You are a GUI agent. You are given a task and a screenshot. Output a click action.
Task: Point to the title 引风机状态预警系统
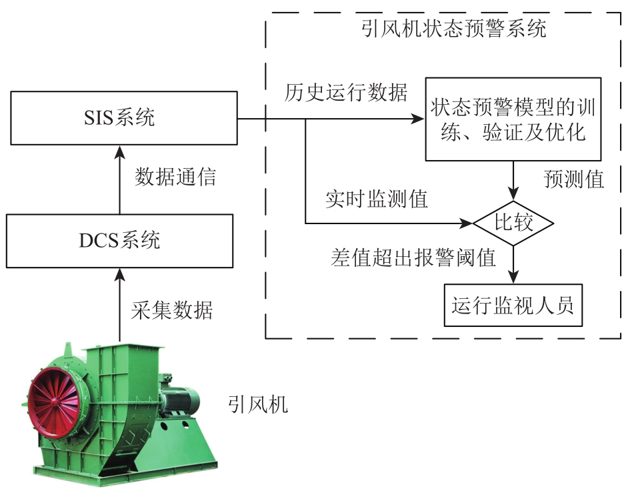pos(453,29)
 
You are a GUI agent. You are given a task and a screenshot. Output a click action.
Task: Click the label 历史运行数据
pos(345,93)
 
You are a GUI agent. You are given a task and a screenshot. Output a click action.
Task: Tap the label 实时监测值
pos(377,199)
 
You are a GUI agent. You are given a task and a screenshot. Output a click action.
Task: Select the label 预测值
pos(574,179)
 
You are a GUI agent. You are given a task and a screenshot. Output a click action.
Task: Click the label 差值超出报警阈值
pos(413,258)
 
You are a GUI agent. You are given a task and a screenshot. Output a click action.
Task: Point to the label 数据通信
pos(175,177)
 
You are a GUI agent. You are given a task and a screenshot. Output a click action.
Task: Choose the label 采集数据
pos(171,310)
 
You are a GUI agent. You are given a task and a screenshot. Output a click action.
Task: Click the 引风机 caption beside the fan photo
pos(258,404)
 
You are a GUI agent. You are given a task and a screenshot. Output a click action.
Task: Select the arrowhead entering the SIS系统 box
pos(119,151)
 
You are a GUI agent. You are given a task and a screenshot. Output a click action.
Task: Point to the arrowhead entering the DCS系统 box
pos(119,274)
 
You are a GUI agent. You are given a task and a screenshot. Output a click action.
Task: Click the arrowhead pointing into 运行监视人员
pos(513,278)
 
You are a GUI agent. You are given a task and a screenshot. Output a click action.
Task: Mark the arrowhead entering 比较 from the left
pos(467,223)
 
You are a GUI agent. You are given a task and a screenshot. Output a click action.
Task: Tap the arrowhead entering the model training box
pos(419,119)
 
